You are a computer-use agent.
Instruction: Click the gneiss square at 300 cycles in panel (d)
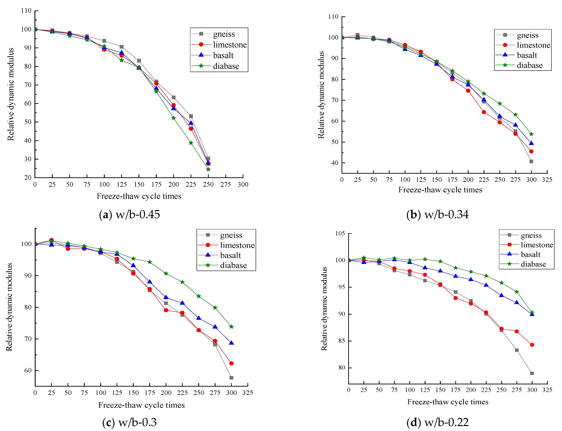point(532,373)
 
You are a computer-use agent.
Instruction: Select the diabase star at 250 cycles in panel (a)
point(208,169)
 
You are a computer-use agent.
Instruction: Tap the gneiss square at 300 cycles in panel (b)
point(531,161)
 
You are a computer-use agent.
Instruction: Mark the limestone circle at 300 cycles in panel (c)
point(231,363)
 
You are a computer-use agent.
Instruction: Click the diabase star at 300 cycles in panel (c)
point(231,327)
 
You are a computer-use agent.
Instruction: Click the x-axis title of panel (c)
point(141,405)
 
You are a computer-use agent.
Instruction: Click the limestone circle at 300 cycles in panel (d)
point(532,345)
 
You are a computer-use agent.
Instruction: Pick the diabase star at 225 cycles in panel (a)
point(191,143)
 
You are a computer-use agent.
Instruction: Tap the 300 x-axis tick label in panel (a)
point(243,184)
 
